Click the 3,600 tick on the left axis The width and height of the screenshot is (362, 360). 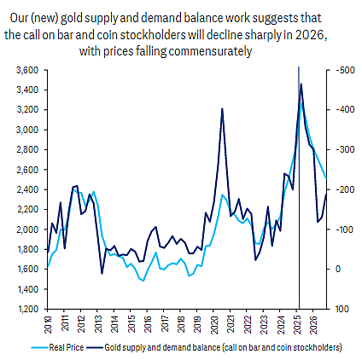[x=27, y=70]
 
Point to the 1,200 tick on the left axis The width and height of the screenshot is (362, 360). [x=27, y=309]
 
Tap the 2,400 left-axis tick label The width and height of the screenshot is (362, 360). [x=27, y=189]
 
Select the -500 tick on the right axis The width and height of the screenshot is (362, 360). [x=345, y=70]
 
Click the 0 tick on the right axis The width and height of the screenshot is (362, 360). [x=338, y=270]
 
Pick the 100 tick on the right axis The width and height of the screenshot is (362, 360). [x=342, y=309]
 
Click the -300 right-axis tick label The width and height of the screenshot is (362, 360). [x=345, y=150]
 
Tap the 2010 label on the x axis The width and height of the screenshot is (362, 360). [x=48, y=324]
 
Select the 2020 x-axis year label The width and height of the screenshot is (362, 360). [x=213, y=324]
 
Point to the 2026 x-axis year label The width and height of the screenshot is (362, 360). [x=313, y=324]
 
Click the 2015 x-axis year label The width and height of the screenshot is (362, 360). [x=131, y=324]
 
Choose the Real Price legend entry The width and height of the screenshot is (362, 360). [x=57, y=347]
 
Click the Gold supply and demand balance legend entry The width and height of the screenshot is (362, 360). [x=214, y=347]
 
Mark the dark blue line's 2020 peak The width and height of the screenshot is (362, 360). [x=222, y=108]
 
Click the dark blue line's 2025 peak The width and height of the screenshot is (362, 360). [x=301, y=84]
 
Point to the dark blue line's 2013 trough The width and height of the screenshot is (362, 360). [x=102, y=274]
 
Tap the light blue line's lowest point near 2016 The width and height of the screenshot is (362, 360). [x=143, y=281]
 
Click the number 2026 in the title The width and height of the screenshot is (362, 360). [x=309, y=35]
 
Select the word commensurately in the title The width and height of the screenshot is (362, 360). [x=210, y=52]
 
